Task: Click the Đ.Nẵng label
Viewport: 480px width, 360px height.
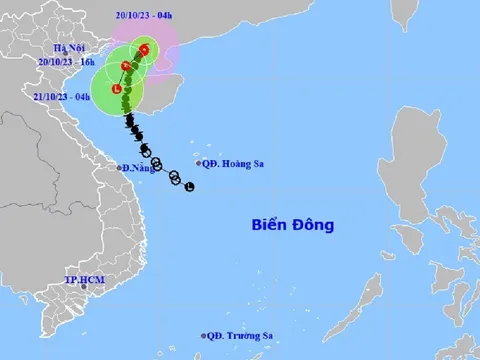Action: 138,169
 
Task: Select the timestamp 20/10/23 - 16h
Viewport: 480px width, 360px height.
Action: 62,61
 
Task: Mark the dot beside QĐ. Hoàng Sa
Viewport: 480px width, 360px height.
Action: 198,164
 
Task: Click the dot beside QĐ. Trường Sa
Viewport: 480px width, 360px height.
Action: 204,336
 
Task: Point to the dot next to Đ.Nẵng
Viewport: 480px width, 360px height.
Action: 118,167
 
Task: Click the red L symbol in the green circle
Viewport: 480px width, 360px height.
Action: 118,91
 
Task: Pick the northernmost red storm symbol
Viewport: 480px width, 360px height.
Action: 144,50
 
